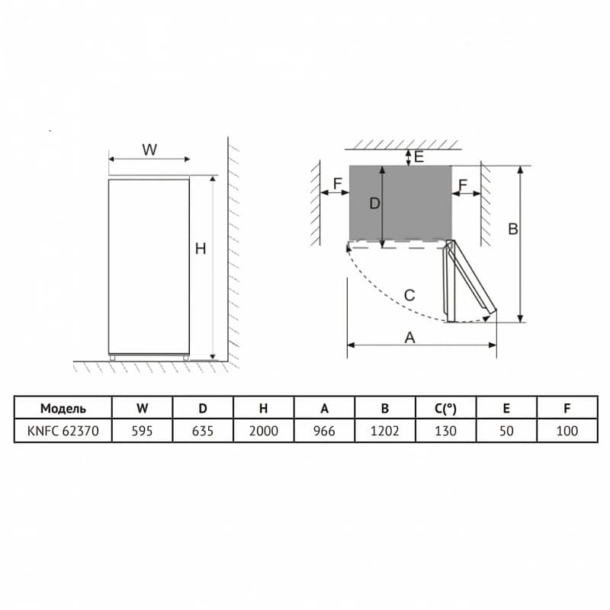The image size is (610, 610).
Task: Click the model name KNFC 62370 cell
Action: click(63, 431)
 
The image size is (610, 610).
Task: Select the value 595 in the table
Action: click(142, 431)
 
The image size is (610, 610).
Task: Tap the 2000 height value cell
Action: click(263, 431)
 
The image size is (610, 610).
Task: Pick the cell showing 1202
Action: click(385, 431)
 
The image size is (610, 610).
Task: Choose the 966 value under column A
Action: click(324, 431)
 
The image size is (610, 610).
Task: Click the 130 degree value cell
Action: click(445, 431)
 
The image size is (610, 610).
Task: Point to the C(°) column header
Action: click(445, 408)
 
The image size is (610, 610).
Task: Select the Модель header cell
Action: click(63, 408)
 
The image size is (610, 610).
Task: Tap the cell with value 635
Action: click(203, 431)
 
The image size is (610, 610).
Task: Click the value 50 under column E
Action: click(506, 431)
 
